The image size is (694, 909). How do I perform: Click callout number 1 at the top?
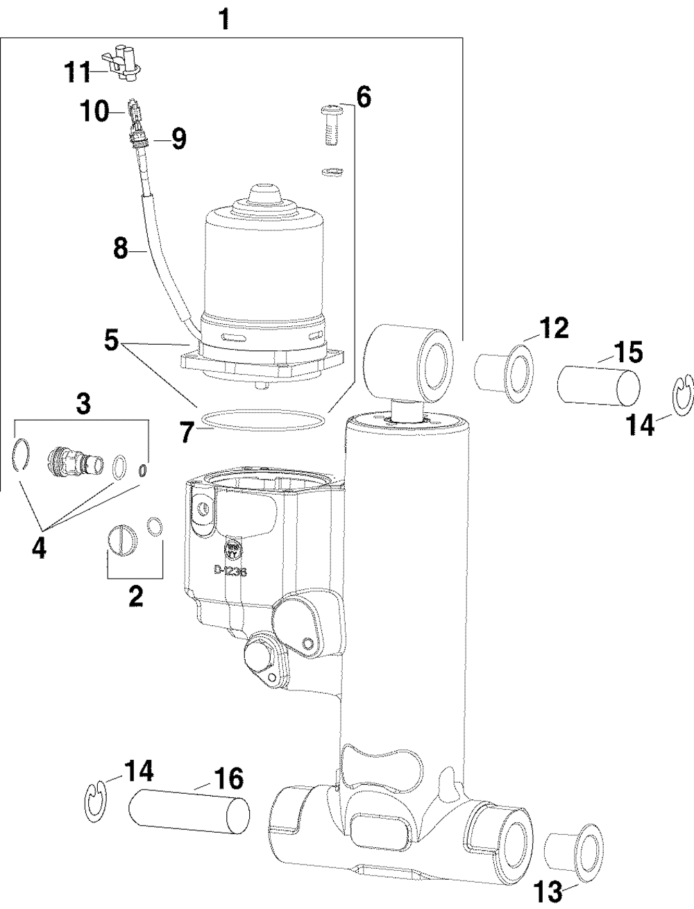click(223, 18)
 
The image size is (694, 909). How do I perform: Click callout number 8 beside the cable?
click(121, 248)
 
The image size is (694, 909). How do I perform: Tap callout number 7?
click(187, 433)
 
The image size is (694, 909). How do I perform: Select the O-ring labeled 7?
click(262, 420)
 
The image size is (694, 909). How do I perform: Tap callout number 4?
click(40, 548)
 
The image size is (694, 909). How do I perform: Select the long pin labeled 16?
click(189, 815)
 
